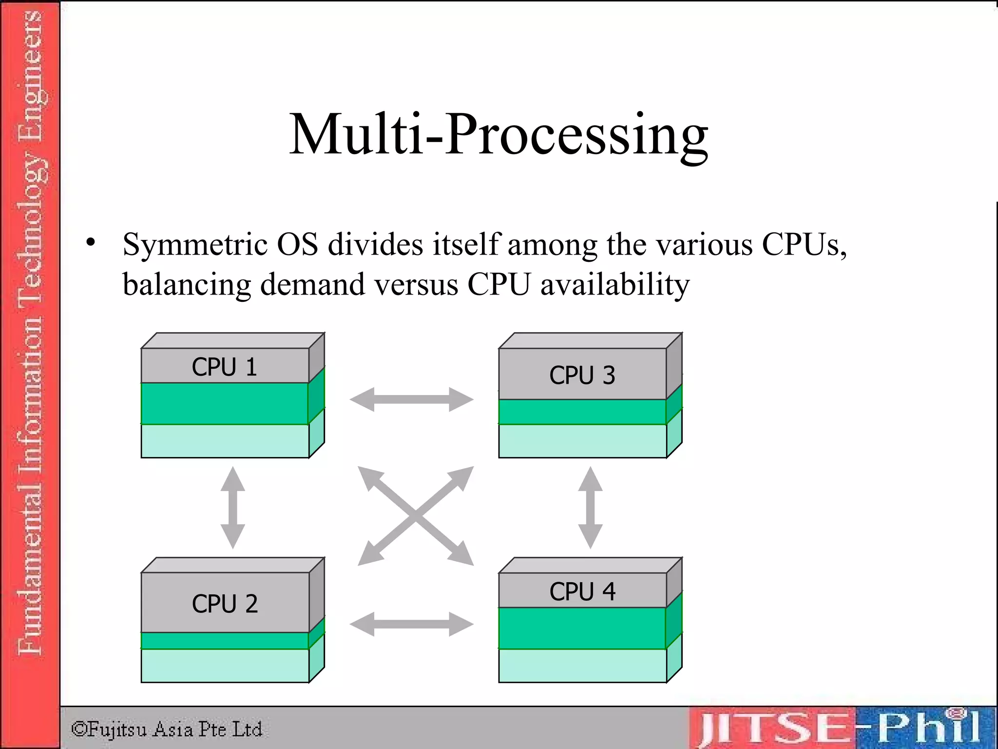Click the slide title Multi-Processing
pos(499,134)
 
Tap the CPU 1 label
pos(224,367)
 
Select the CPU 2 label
pos(225,604)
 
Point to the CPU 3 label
pos(582,375)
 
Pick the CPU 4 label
pos(582,591)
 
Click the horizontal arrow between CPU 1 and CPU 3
pos(411,399)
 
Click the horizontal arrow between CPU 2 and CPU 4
pos(411,624)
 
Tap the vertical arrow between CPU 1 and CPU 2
pos(232,508)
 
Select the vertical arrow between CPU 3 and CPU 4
pos(590,508)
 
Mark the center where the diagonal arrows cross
pos(415,515)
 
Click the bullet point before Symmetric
pos(91,242)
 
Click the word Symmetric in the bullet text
pos(195,244)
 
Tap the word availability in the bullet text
pos(615,284)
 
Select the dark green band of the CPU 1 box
pos(224,403)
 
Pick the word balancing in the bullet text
pos(187,284)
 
